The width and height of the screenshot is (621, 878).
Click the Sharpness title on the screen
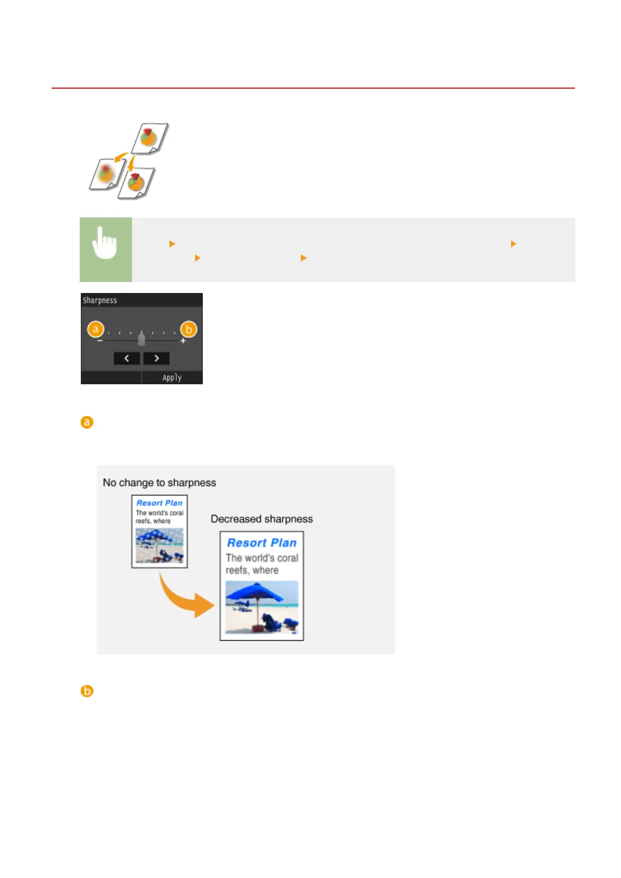coord(100,300)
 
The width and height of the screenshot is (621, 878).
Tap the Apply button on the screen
coord(172,377)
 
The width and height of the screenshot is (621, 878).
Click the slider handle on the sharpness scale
coord(141,339)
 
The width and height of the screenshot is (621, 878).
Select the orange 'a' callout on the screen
coord(95,330)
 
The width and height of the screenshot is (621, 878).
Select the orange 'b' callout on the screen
coord(188,330)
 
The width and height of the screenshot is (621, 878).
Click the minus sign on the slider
coord(100,341)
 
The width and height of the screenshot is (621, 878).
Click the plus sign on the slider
coord(183,341)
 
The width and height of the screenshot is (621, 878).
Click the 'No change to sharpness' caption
coord(159,483)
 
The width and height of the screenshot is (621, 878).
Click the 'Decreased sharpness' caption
coord(262,519)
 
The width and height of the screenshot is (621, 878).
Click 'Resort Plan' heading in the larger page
coord(262,543)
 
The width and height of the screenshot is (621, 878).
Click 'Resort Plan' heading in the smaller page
coord(160,503)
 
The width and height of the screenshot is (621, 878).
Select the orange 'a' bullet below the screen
coord(87,422)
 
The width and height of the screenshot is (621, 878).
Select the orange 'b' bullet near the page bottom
coord(87,691)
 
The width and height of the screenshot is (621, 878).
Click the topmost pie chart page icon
coord(149,138)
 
